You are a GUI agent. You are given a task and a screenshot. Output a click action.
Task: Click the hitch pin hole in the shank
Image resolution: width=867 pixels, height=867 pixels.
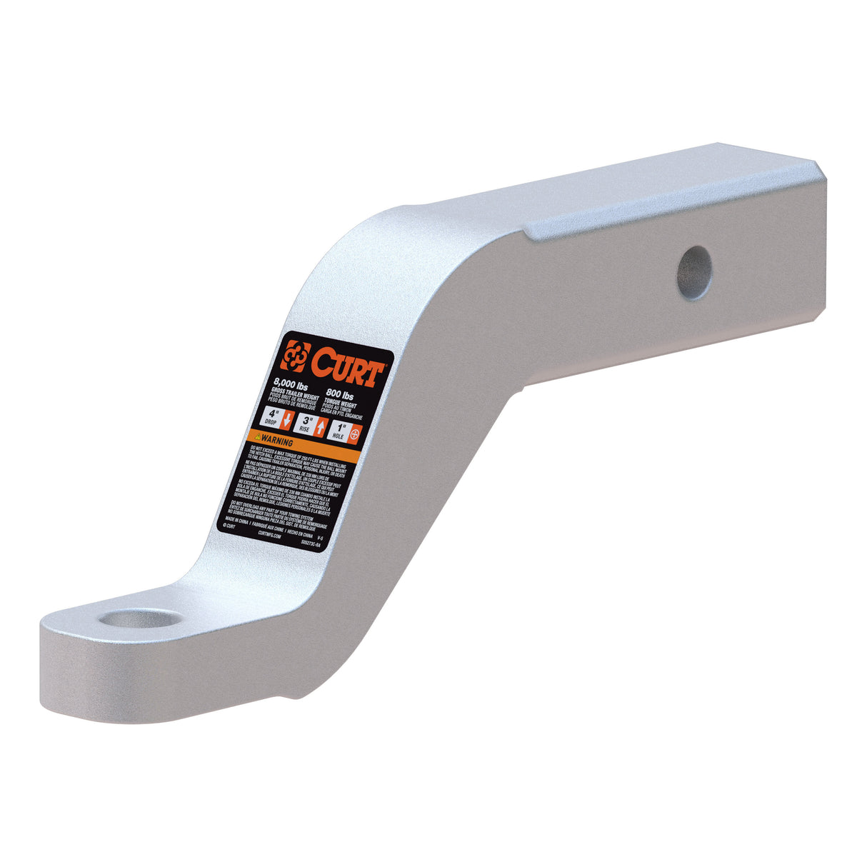pyautogui.click(x=694, y=273)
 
